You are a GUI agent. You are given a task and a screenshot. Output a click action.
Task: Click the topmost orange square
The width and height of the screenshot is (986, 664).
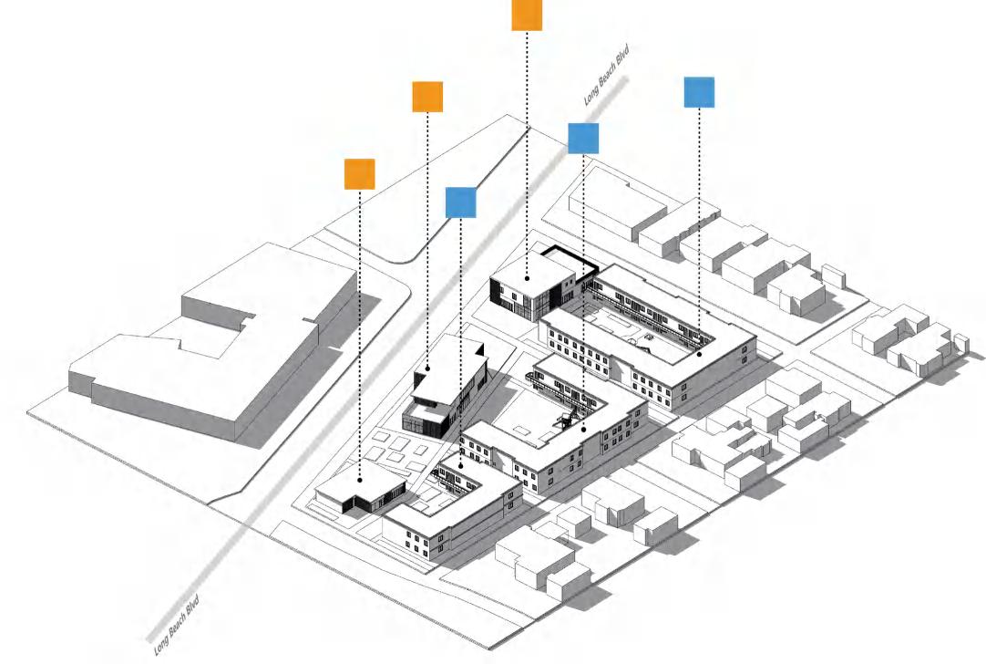527,16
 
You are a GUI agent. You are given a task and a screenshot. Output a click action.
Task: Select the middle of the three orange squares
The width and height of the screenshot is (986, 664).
427,97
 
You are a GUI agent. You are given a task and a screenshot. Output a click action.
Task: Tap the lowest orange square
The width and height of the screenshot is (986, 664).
360,173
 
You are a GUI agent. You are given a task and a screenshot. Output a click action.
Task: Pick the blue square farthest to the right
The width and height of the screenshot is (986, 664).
699,92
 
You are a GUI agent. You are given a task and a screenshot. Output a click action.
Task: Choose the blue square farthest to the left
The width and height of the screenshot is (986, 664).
461,202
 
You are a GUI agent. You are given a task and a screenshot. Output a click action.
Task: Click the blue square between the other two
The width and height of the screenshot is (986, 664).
583,138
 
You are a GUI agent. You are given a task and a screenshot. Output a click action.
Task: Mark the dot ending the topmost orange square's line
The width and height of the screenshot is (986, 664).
528,275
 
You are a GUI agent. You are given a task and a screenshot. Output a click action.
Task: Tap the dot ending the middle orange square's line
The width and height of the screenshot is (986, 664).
426,368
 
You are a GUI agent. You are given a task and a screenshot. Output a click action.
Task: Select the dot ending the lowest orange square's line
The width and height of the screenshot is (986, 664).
360,478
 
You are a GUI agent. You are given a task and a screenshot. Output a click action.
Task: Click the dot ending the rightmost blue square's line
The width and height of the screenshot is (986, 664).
700,354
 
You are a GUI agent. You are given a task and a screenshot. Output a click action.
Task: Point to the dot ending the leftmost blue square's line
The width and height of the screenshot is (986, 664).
462,466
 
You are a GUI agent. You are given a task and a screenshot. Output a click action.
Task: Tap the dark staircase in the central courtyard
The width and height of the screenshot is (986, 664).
567,420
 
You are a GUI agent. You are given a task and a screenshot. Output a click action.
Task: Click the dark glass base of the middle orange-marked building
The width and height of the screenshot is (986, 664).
425,420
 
